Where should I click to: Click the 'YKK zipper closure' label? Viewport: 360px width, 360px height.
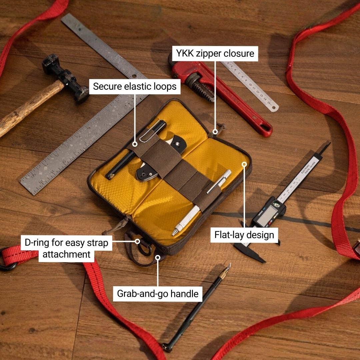[x=215, y=53]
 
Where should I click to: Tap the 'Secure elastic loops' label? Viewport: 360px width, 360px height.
[x=135, y=87]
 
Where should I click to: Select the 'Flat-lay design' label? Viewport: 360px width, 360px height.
[x=244, y=235]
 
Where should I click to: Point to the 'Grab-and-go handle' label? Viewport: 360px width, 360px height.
[x=157, y=294]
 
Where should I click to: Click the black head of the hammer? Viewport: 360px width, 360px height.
[x=65, y=78]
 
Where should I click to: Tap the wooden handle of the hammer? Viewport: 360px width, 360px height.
[x=30, y=108]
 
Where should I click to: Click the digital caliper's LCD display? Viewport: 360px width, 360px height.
[x=267, y=215]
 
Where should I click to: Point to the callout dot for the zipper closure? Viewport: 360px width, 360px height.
[x=215, y=132]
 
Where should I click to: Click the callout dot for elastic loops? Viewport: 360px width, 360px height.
[x=135, y=144]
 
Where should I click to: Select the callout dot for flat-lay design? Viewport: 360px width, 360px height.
[x=245, y=164]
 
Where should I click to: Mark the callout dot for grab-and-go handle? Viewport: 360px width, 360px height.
[x=157, y=258]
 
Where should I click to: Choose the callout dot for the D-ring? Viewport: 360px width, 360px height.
[x=137, y=241]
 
